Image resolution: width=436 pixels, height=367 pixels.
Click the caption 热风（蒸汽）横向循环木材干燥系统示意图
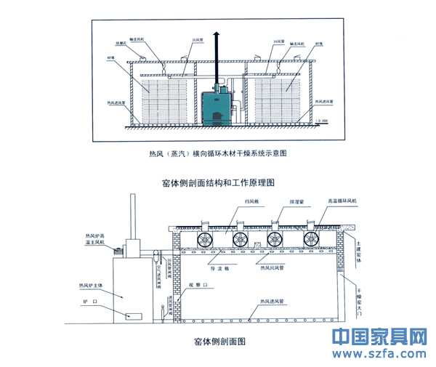(x=218, y=154)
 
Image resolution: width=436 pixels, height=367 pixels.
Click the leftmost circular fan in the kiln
(x=206, y=241)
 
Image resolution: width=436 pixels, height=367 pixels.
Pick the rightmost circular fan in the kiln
(x=313, y=241)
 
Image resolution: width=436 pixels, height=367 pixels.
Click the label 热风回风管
(x=272, y=267)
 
